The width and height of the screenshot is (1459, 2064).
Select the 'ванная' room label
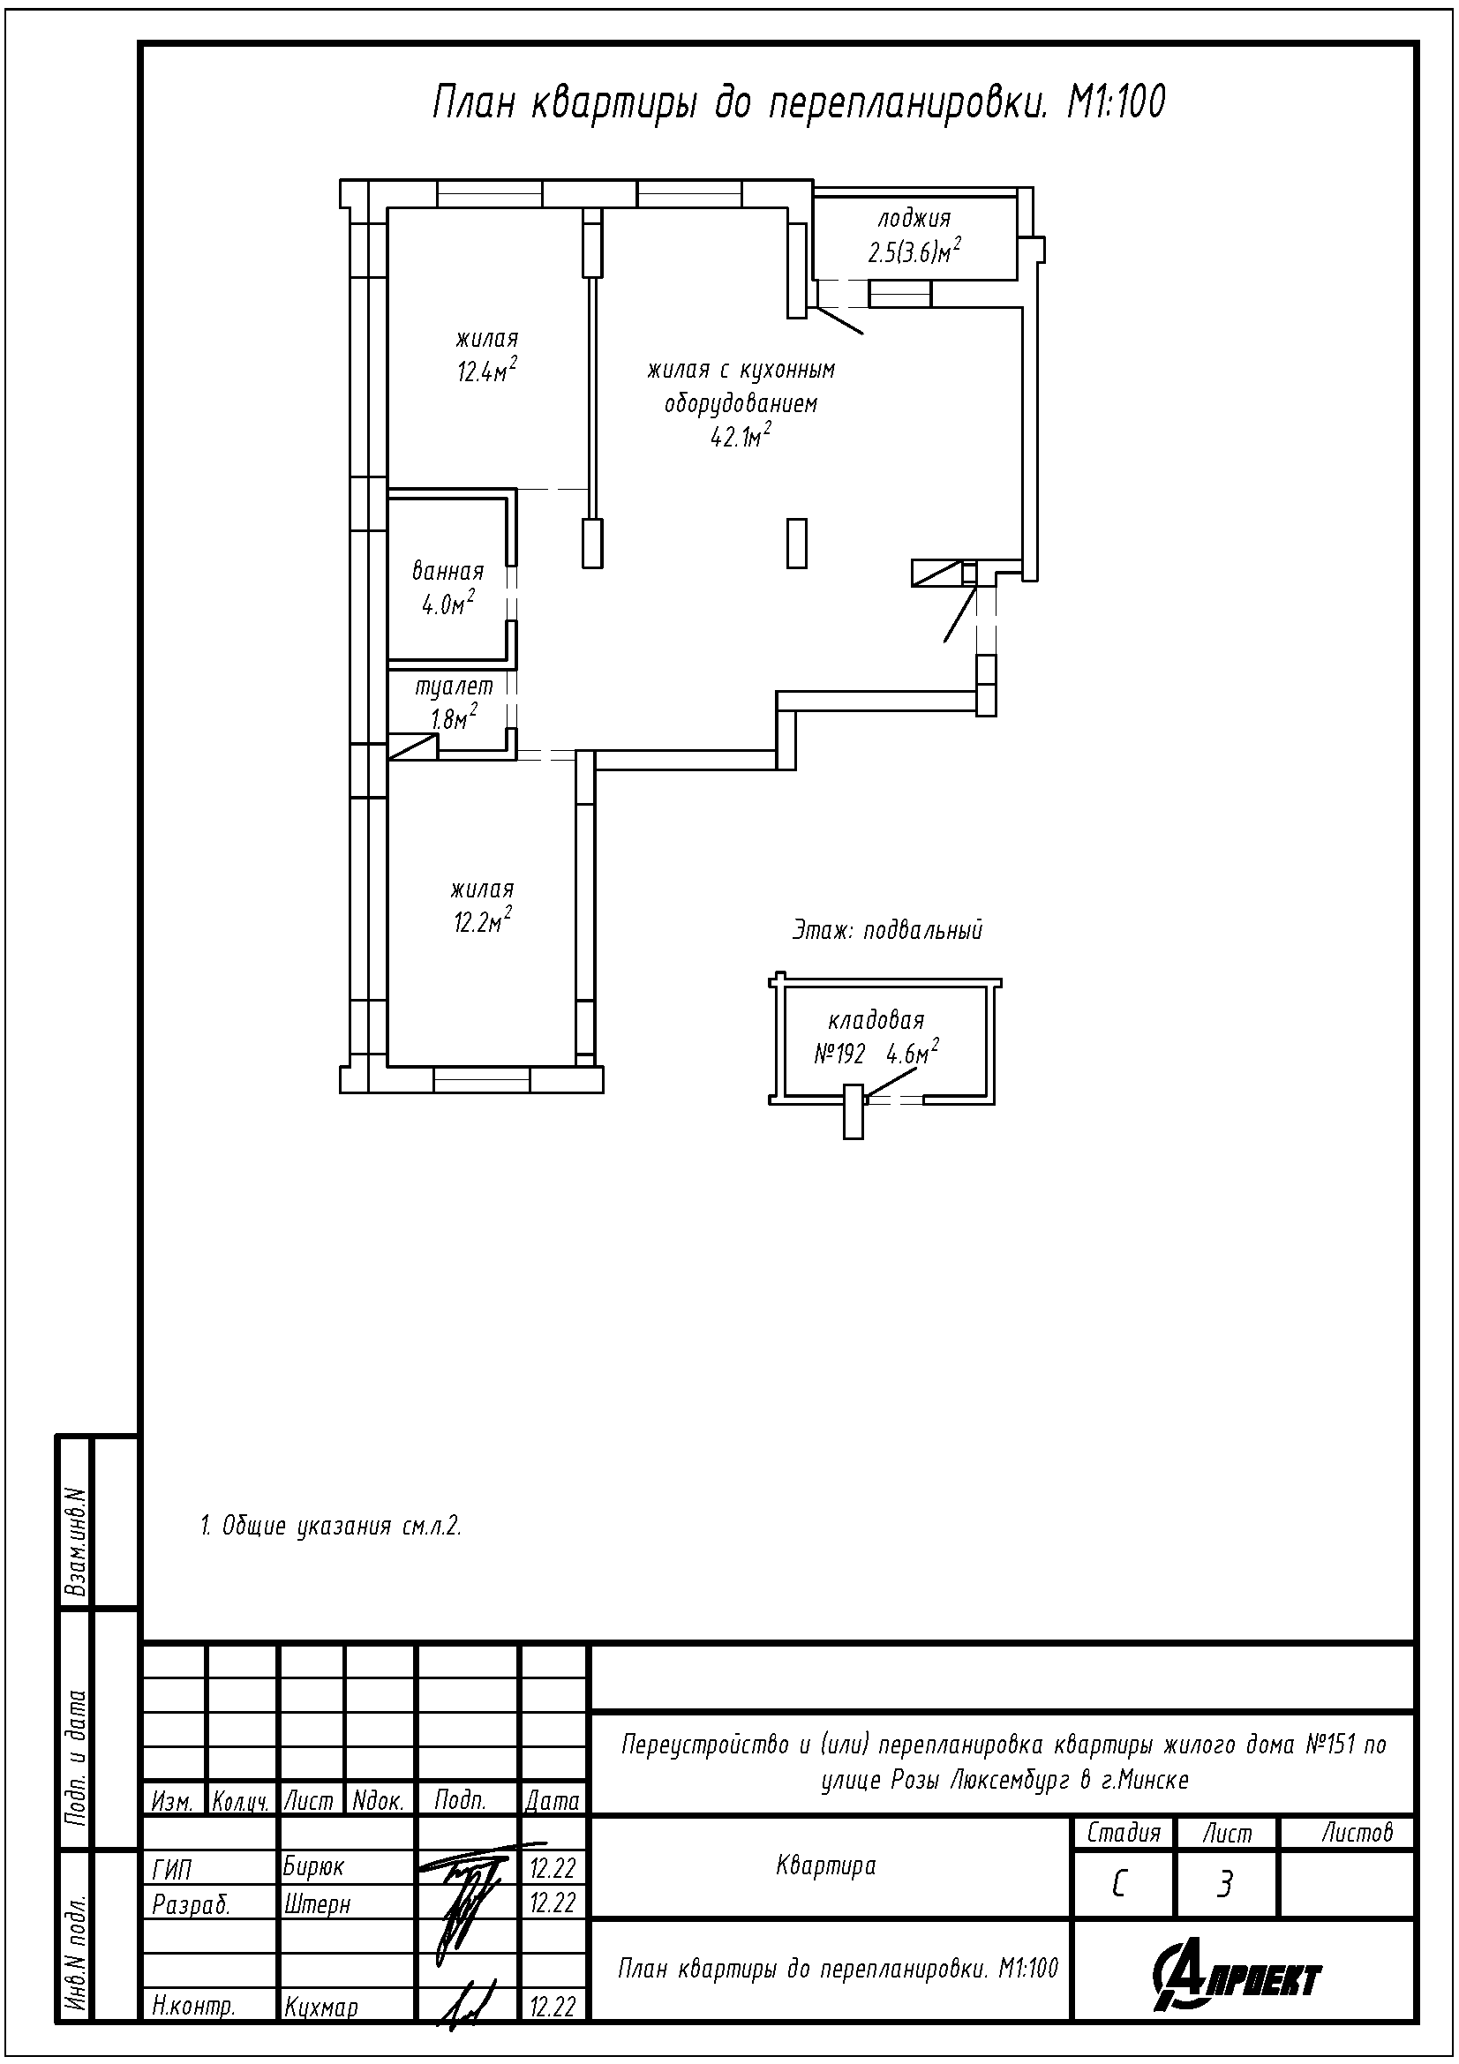(x=447, y=571)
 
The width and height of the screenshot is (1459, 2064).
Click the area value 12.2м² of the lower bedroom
(x=484, y=921)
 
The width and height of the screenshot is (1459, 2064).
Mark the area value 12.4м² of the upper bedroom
(x=486, y=370)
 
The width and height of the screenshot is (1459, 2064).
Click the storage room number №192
(x=839, y=1055)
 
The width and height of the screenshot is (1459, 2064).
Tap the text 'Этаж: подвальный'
(x=887, y=930)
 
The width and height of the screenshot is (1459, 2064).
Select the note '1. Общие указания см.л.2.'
(x=331, y=1527)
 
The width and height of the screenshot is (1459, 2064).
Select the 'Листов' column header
(x=1357, y=1833)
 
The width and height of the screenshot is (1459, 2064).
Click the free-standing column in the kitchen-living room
(x=796, y=543)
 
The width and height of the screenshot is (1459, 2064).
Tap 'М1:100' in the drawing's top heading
(x=1116, y=102)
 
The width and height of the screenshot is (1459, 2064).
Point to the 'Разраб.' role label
(x=192, y=1904)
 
